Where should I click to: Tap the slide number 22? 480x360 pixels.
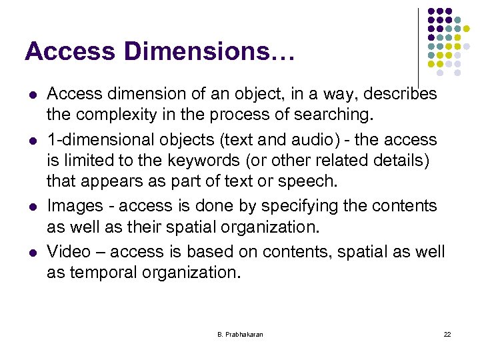(447, 334)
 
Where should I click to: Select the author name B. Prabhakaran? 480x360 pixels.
(240, 334)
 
